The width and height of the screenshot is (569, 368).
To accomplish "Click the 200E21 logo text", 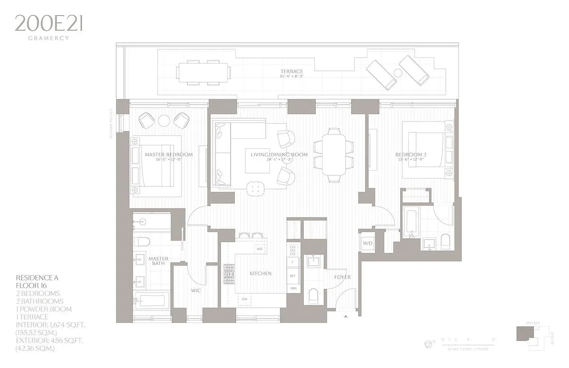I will click(48, 23).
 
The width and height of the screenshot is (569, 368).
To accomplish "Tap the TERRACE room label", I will click(292, 71).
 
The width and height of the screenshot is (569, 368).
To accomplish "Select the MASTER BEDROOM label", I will click(168, 155).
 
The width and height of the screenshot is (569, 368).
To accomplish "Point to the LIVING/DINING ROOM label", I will click(279, 155).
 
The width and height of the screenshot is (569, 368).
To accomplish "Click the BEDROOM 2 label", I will click(411, 155).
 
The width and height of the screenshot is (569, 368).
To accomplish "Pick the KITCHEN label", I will click(261, 273).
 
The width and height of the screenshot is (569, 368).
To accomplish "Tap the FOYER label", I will click(342, 277).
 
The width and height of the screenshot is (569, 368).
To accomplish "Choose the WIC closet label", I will click(196, 290).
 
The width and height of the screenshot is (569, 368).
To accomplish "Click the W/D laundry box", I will click(367, 242).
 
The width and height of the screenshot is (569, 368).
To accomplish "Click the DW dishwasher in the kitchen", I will click(245, 299).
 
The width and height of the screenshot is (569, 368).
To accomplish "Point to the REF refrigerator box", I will click(293, 276).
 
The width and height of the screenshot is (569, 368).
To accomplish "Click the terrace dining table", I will click(203, 72).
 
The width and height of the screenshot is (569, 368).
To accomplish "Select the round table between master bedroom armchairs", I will click(164, 121).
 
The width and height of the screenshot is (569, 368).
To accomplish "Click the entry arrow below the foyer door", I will click(346, 316).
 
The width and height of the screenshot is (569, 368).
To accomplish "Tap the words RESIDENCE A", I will click(37, 278).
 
